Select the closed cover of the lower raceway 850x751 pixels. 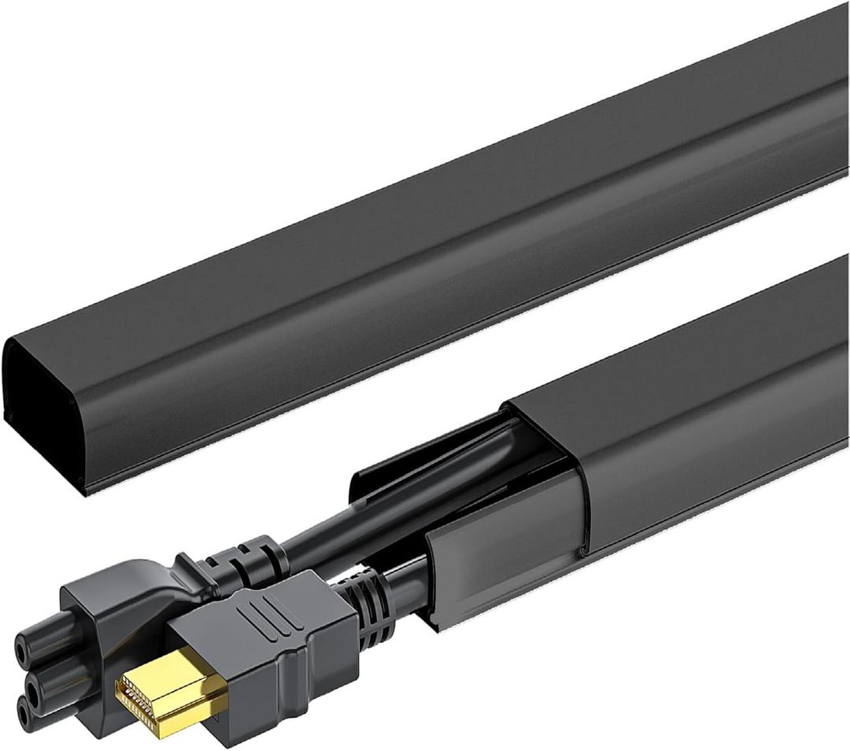693,409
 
